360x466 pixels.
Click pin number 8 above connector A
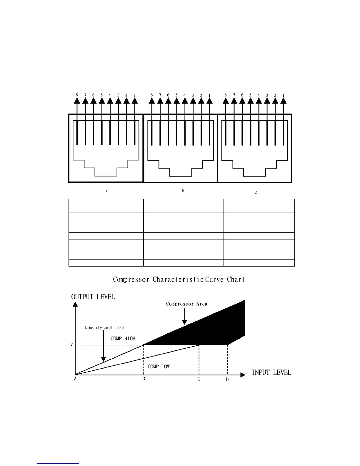click(77, 95)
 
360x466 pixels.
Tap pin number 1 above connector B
click(209, 95)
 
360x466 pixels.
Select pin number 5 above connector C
click(250, 95)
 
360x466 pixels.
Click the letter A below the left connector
click(106, 192)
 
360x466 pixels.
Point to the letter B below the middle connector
click(183, 191)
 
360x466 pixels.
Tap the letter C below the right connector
click(256, 192)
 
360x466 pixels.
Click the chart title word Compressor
click(131, 279)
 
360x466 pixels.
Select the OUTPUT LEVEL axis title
click(93, 297)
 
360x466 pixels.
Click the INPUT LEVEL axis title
click(271, 372)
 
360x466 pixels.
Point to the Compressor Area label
click(186, 304)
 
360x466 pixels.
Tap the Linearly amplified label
click(104, 327)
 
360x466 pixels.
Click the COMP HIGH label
click(123, 339)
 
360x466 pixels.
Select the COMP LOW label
click(159, 367)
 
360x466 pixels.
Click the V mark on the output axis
click(71, 344)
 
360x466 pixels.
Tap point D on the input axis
click(227, 380)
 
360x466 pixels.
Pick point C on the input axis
click(199, 379)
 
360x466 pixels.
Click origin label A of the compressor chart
click(75, 379)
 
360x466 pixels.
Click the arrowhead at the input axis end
click(243, 375)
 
